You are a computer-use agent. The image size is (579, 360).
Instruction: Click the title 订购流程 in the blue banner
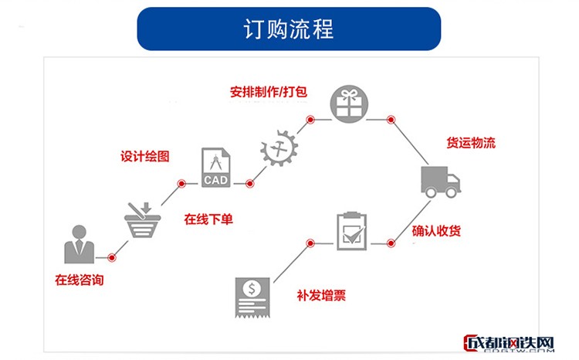coord(289,29)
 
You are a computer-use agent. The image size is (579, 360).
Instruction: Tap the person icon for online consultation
coord(79,244)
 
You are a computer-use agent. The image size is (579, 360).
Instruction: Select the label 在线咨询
coord(79,280)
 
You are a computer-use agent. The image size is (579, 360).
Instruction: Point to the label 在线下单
coord(208,219)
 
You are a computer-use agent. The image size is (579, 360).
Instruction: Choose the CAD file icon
coord(215,168)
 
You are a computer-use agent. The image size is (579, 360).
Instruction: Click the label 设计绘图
coord(144,156)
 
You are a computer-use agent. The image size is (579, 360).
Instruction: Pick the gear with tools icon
coord(278,147)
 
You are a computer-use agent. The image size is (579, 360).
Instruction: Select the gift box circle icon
coord(350,104)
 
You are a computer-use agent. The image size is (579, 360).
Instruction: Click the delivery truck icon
coord(440,182)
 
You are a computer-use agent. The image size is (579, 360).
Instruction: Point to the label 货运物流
coord(471,143)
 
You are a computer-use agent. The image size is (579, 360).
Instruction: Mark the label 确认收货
coord(437,231)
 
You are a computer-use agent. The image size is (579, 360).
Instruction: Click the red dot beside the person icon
coord(112,257)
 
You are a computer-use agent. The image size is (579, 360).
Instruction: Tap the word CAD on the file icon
coord(215,180)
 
